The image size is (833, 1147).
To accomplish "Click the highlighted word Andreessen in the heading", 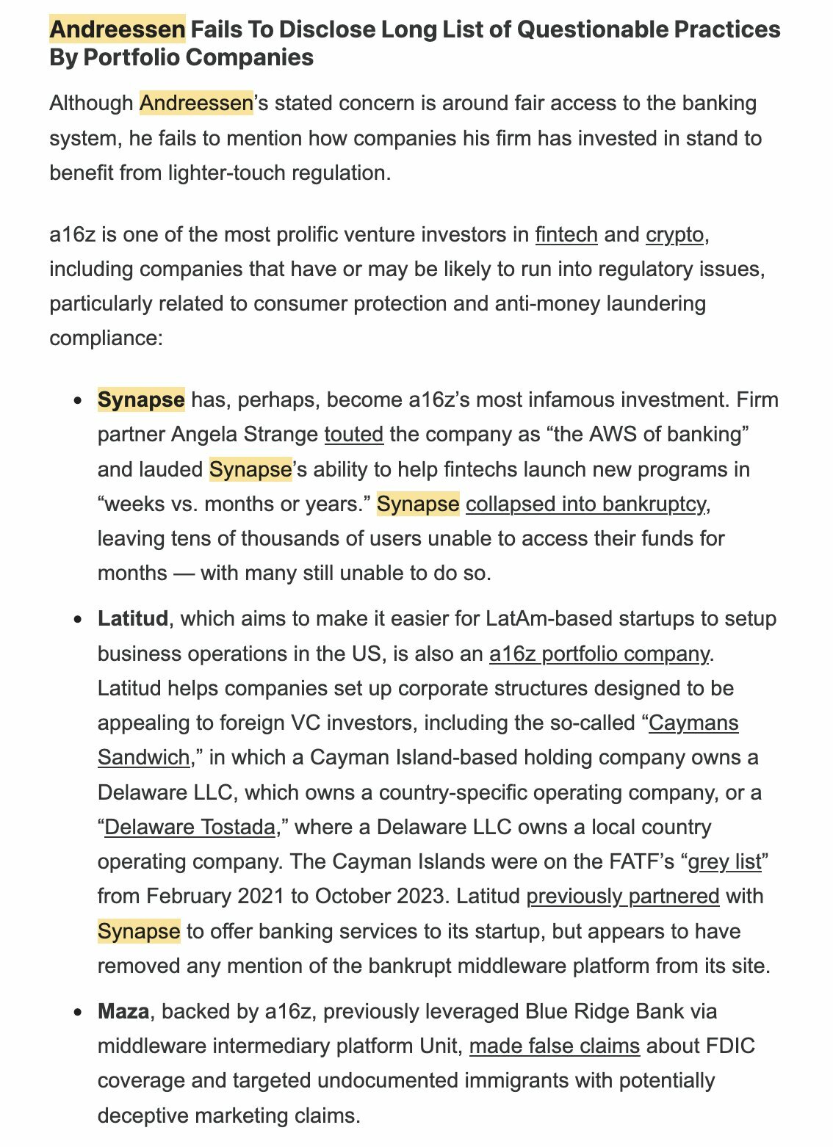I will click(x=118, y=29).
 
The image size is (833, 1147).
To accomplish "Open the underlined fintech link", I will click(x=566, y=234).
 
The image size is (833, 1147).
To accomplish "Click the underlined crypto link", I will click(x=675, y=234).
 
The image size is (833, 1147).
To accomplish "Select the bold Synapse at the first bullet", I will click(x=141, y=399).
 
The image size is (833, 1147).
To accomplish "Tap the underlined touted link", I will click(x=354, y=434).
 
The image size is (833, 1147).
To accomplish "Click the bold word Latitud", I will click(x=133, y=618).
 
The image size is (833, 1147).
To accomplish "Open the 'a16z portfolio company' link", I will click(x=599, y=653).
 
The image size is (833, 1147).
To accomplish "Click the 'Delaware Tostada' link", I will click(x=190, y=827).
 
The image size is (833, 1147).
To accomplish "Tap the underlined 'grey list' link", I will click(x=724, y=861).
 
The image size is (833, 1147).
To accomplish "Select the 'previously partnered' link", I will click(x=623, y=896).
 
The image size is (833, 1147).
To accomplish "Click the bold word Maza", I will click(x=123, y=1011).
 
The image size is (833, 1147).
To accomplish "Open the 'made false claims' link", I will click(x=555, y=1046).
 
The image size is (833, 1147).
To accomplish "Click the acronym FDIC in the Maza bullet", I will click(x=730, y=1046).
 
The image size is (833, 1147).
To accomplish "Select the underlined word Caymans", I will click(x=694, y=723).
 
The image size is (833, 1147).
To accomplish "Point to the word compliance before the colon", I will click(x=102, y=339).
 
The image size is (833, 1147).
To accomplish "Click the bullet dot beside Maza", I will click(x=79, y=1012).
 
